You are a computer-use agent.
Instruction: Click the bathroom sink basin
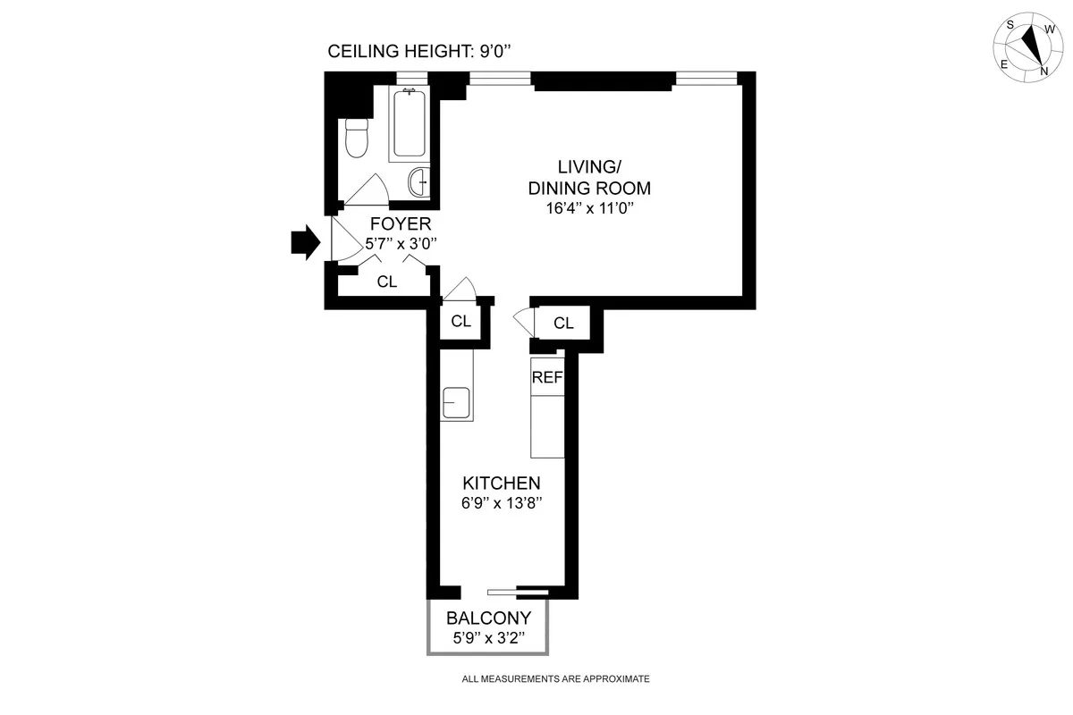click(x=418, y=182)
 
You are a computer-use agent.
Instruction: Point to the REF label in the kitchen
click(x=547, y=377)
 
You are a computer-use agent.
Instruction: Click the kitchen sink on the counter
click(x=456, y=401)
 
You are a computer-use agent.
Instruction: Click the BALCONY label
click(x=489, y=618)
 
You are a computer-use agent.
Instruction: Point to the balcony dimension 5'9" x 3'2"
click(x=489, y=637)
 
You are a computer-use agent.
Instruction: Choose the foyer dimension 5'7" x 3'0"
click(x=400, y=243)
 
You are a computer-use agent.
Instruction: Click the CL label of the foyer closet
click(x=386, y=282)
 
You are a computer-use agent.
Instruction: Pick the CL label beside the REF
click(x=563, y=324)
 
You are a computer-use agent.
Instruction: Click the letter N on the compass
click(x=1043, y=71)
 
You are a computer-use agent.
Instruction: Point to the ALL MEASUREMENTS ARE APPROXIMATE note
click(x=555, y=678)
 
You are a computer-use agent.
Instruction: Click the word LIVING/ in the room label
click(x=589, y=166)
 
